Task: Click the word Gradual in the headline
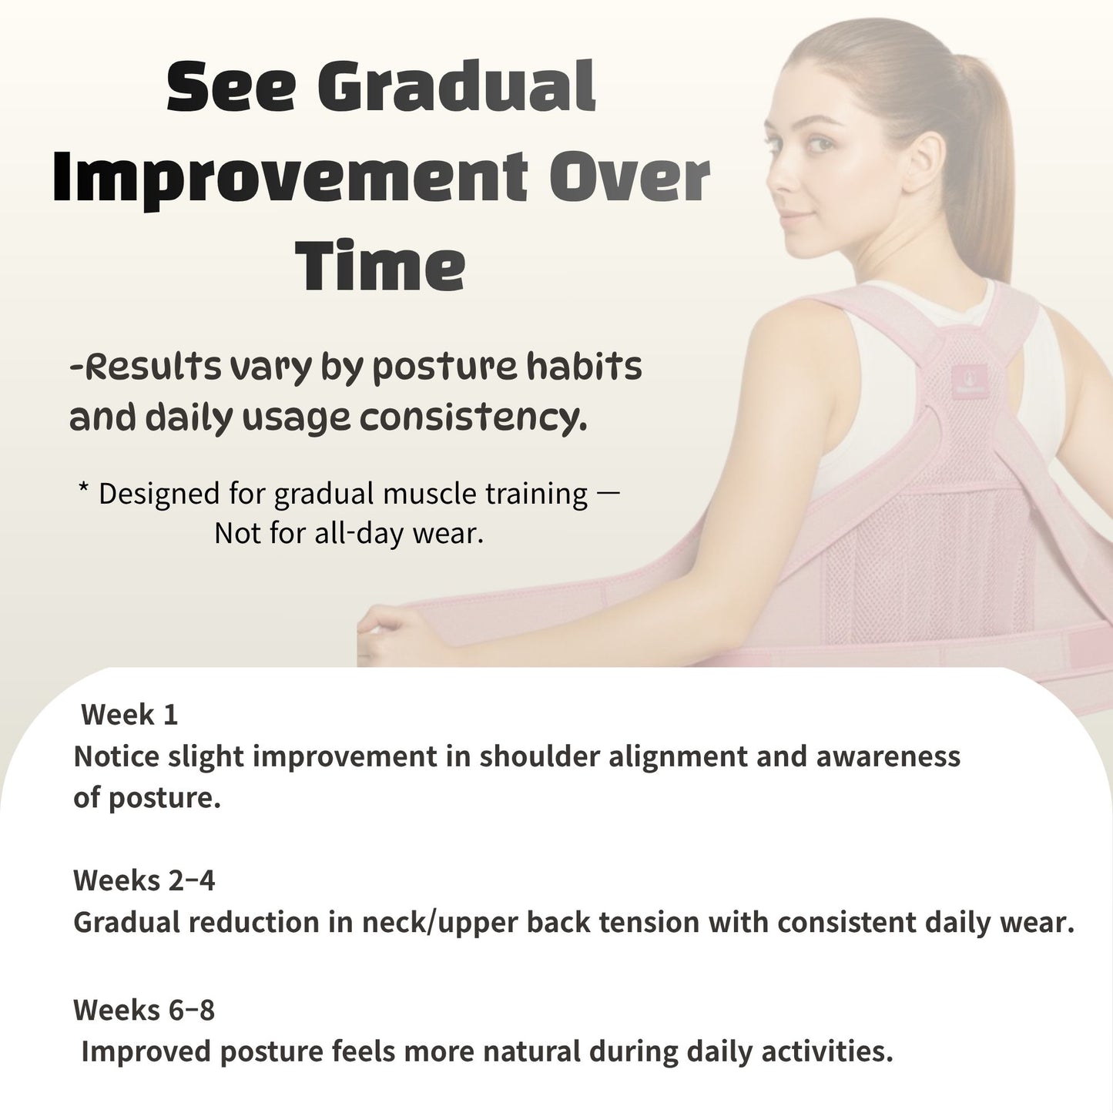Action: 456,87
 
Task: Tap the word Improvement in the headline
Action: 290,178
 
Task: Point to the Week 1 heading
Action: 129,715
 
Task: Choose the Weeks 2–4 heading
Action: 144,880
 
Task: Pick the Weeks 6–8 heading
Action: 144,1010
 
